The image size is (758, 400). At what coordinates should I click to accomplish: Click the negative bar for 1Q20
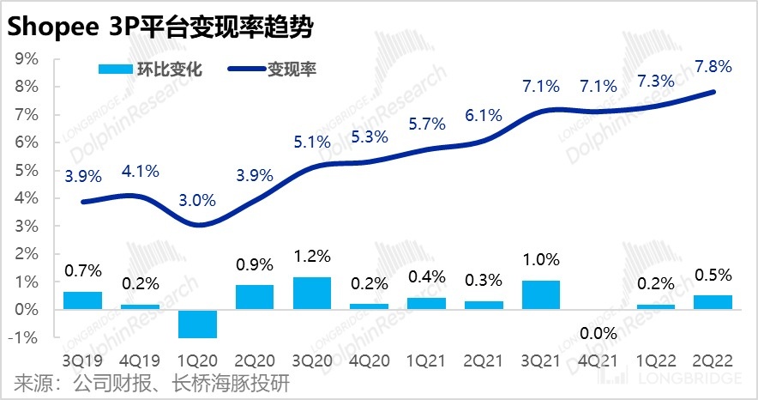[x=197, y=323]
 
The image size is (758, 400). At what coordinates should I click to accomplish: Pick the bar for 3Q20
[x=311, y=293]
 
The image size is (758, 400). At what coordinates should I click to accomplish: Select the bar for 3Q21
[x=540, y=294]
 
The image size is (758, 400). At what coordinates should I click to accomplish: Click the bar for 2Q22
[x=713, y=301]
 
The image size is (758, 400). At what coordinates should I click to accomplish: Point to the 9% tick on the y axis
[x=28, y=59]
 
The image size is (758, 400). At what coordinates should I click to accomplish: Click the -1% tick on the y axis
[x=26, y=337]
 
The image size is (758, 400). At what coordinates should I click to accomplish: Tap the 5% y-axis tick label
[x=28, y=171]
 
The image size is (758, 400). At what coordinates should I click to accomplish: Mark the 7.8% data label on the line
[x=713, y=67]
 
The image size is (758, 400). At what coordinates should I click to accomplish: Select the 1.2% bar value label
[x=312, y=256]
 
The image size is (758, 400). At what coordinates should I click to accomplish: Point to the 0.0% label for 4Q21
[x=598, y=332]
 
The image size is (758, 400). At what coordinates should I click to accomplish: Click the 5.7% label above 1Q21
[x=426, y=124]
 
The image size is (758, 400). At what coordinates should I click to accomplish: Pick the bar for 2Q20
[x=255, y=296]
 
